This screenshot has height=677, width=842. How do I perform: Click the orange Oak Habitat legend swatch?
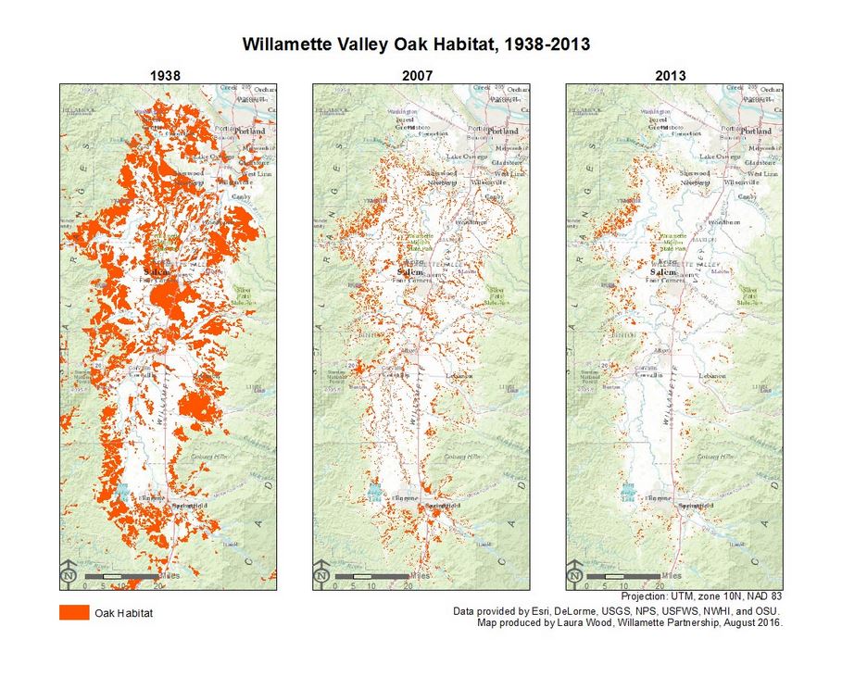74,613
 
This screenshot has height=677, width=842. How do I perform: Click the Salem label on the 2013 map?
663,272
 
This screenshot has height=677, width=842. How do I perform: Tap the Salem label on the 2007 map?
410,272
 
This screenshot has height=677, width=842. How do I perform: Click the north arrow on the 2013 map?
574,574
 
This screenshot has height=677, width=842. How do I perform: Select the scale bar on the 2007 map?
371,577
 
